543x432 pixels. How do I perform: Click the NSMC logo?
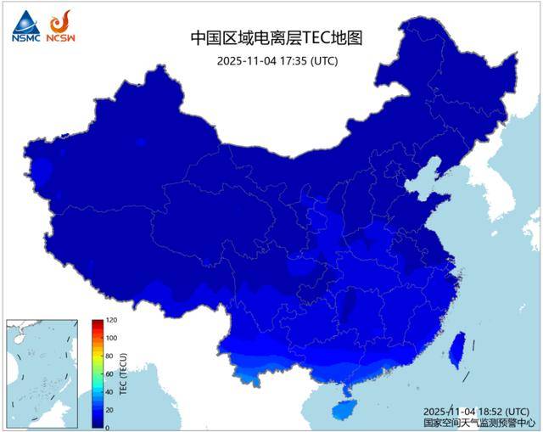25,26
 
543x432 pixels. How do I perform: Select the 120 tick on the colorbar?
111,321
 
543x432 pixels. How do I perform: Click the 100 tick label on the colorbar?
111,339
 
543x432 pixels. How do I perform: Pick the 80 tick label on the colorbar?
109,356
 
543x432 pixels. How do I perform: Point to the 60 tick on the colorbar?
109,374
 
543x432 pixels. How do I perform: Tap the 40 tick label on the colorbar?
109,392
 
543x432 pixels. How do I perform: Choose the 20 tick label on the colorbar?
109,410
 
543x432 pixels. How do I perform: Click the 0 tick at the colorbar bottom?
108,428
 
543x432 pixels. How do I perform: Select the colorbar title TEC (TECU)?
123,374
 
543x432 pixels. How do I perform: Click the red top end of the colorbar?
98,323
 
